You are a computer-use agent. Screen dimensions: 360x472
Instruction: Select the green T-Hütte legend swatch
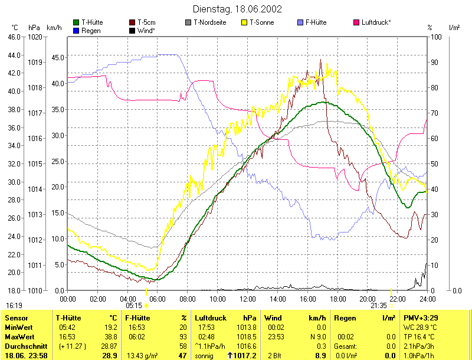(76, 22)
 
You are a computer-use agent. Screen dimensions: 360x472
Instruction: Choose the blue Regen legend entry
(91, 30)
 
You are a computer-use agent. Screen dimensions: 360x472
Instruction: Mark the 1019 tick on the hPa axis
(35, 61)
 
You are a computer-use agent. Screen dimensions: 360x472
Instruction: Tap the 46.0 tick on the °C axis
(14, 37)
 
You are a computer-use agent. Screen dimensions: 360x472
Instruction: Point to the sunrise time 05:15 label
(133, 306)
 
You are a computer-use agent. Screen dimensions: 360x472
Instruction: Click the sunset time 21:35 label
(378, 306)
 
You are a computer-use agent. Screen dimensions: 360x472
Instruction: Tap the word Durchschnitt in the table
(22, 346)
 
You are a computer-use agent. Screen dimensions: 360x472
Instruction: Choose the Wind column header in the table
(273, 318)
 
